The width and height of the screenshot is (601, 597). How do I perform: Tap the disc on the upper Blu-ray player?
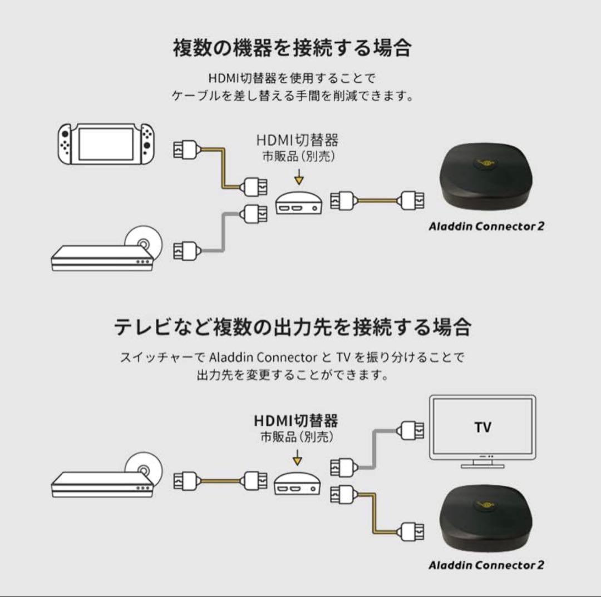[x=142, y=243]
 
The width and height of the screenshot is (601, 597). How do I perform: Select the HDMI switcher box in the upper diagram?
[x=299, y=203]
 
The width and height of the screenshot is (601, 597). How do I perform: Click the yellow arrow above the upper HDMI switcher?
[x=299, y=177]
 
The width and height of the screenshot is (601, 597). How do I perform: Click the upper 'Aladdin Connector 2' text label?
[x=486, y=226]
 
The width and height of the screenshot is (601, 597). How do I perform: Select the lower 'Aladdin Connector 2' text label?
[x=486, y=565]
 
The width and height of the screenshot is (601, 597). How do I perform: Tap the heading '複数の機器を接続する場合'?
[x=292, y=48]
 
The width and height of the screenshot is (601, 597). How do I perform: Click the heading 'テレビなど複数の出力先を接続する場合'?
[x=293, y=327]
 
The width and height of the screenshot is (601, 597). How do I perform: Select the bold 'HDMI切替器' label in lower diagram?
[x=296, y=420]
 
